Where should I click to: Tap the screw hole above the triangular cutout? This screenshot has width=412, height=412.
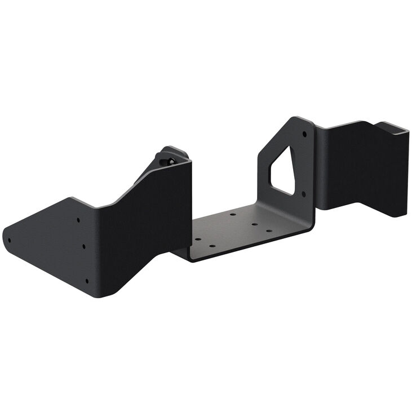pos(304,134)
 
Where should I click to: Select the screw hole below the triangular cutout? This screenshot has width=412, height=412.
pos(304,194)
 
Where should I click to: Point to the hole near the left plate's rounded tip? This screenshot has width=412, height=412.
pos(10,240)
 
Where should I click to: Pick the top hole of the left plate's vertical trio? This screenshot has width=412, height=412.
pos(78,220)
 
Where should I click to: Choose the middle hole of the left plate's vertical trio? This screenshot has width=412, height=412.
pos(83,246)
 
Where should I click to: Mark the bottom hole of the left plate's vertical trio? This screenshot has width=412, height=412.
pos(87,280)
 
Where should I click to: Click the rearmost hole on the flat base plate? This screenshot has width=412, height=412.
pos(232,215)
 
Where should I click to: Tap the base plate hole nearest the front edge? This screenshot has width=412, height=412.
pos(212,246)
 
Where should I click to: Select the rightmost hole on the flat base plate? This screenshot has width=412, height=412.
pos(269,231)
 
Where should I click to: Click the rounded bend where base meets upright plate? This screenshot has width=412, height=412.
pos(307,225)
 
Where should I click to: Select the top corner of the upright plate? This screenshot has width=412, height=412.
pos(296,119)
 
